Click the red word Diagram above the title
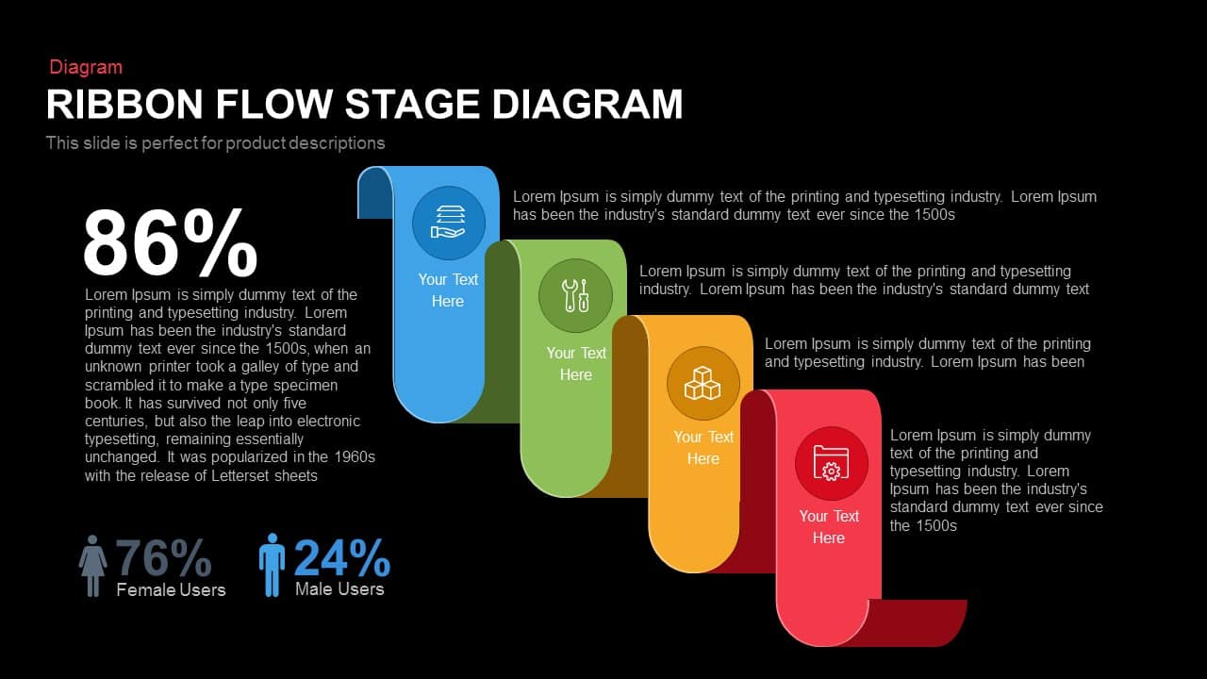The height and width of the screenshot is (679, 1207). tap(86, 67)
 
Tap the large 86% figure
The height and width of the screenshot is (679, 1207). tap(170, 244)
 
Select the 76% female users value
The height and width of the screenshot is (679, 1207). tap(163, 558)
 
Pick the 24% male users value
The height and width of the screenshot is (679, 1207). tap(341, 558)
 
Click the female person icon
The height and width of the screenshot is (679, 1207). tap(92, 566)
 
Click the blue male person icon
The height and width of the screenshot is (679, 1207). tap(272, 565)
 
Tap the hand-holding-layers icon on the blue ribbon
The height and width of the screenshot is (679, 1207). tap(448, 224)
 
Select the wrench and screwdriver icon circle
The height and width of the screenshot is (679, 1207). tap(575, 296)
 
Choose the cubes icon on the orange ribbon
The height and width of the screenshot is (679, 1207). tap(703, 383)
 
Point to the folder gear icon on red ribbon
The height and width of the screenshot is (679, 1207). tap(830, 463)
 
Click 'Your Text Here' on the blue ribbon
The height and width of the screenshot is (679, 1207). tap(448, 290)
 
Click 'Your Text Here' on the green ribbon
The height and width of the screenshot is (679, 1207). tap(575, 364)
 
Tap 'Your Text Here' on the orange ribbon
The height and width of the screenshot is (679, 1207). tap(703, 448)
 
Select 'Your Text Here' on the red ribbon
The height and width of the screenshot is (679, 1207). tap(829, 527)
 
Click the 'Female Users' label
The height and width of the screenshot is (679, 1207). tap(171, 590)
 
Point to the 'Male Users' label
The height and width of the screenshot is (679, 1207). tap(339, 589)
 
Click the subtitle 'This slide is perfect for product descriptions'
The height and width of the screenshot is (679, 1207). tap(215, 143)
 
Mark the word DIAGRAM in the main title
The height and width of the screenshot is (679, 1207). tap(587, 104)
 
